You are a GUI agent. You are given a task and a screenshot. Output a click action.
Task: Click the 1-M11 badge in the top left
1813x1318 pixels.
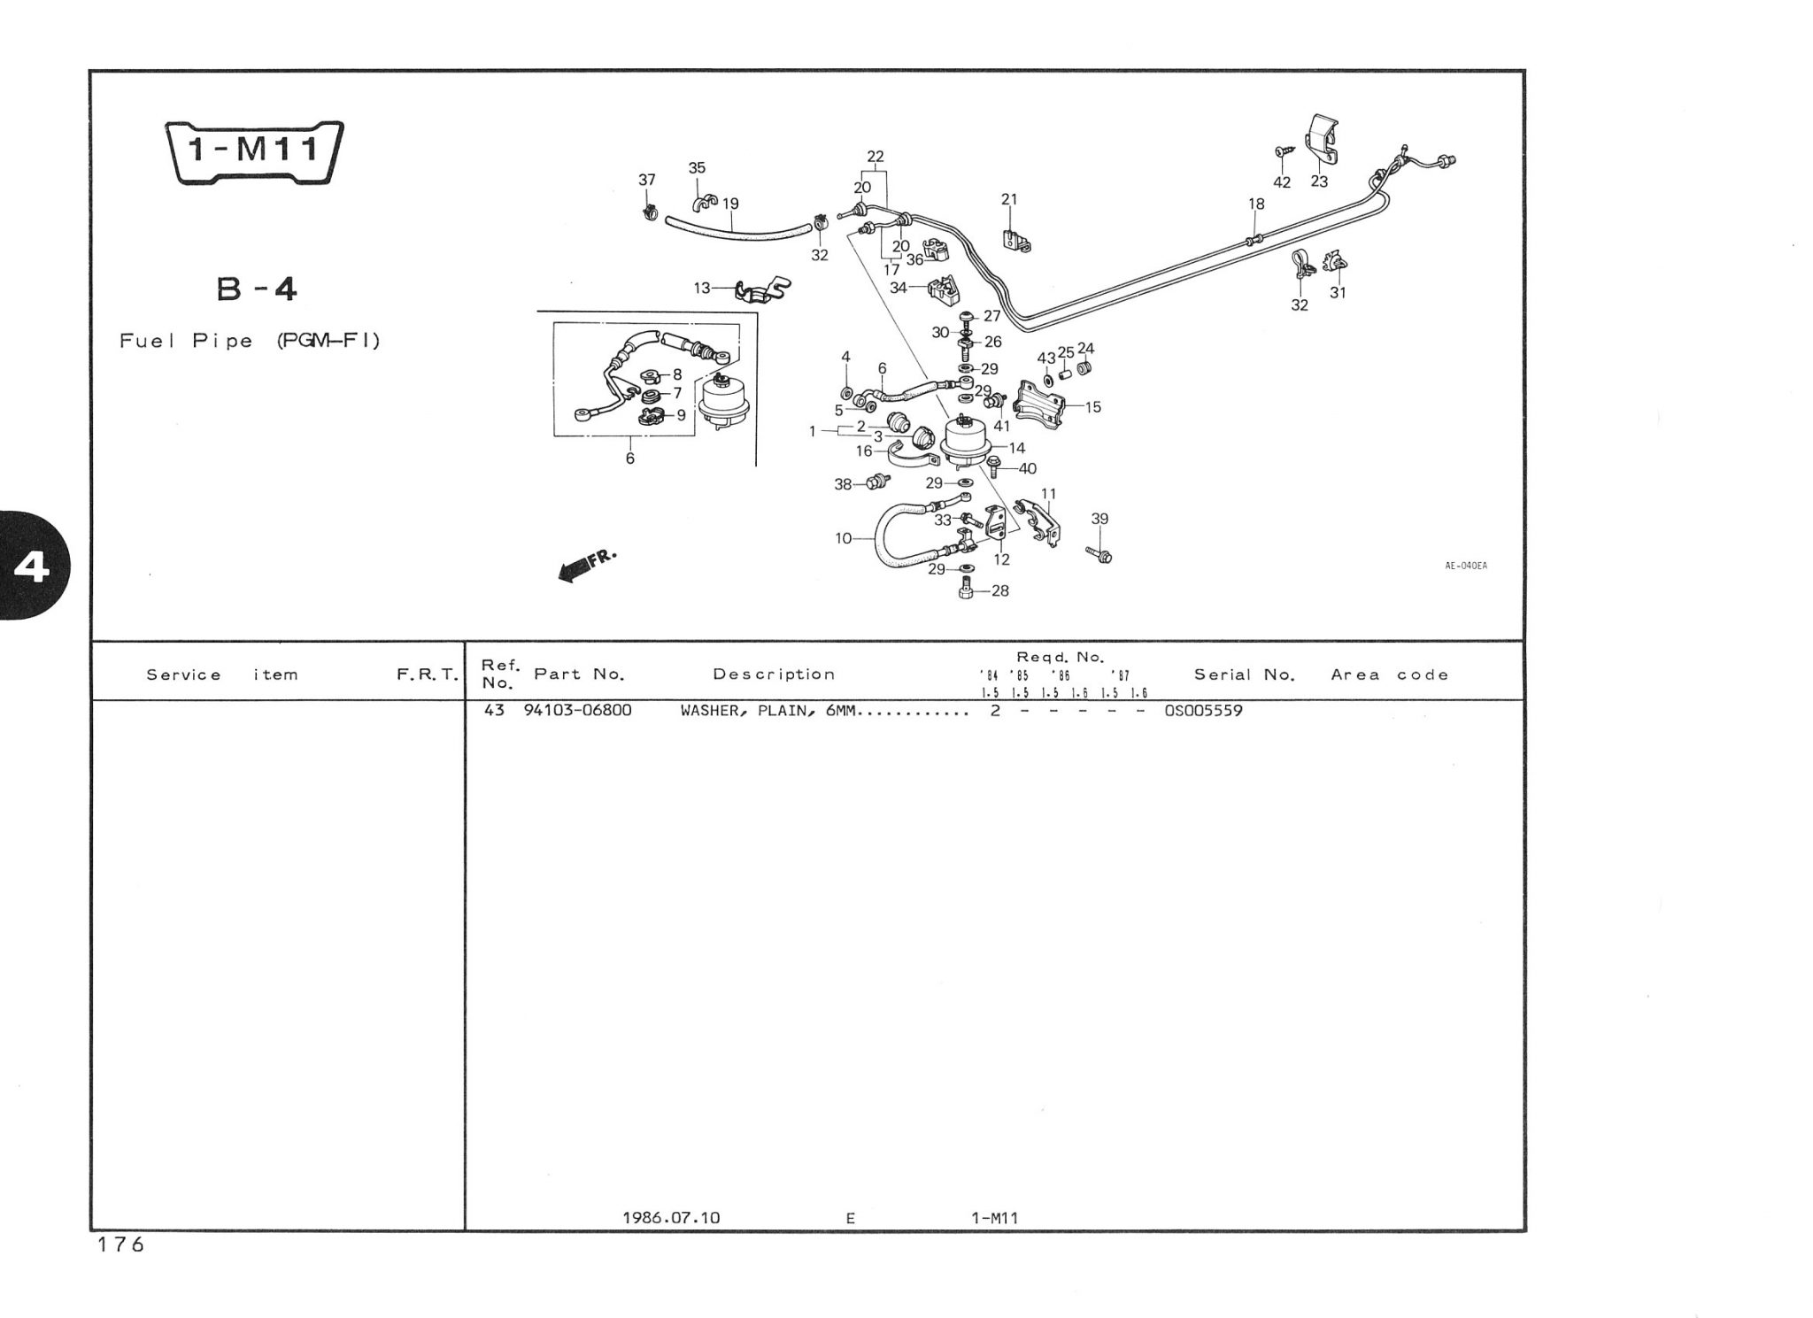255,151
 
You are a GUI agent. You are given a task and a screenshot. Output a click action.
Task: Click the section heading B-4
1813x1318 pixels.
257,289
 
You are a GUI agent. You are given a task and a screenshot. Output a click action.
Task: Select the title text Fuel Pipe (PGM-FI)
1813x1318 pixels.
251,341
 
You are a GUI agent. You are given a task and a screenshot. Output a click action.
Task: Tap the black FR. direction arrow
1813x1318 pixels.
577,567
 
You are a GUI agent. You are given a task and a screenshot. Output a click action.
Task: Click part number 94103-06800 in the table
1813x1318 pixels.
577,710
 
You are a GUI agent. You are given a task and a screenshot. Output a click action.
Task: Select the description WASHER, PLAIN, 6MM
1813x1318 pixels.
769,710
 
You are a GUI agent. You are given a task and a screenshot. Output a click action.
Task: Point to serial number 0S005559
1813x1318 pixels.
1203,710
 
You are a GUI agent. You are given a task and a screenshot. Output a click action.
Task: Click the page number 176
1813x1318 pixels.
120,1245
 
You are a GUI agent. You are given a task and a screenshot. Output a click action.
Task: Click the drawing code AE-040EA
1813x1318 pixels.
1466,566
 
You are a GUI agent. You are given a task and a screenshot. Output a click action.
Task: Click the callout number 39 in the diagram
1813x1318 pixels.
1099,519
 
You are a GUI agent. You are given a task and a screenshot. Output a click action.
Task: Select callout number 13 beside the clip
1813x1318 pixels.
702,288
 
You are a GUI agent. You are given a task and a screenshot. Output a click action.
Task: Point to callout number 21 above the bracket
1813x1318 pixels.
1009,199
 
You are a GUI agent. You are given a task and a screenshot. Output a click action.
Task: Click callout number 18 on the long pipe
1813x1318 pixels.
1256,204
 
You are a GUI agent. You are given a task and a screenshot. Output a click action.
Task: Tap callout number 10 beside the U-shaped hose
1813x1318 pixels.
843,537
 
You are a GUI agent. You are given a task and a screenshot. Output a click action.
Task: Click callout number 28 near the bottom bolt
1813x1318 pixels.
1000,590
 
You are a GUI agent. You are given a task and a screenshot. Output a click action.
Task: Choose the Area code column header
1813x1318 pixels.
1389,674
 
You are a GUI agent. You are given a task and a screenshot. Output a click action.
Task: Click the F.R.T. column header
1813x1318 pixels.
428,674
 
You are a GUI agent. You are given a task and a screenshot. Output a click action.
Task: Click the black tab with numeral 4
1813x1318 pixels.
34,567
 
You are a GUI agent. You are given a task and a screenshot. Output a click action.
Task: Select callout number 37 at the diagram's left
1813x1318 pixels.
647,180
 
